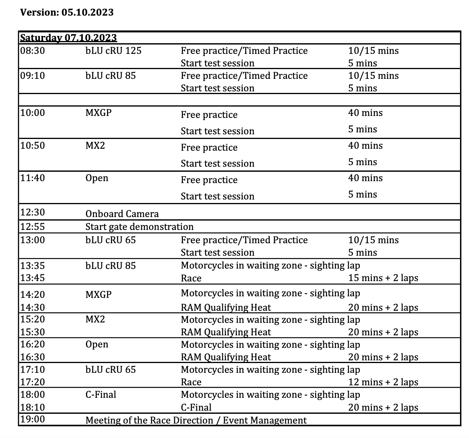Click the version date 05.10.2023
[87, 12]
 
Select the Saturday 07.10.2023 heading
[68, 37]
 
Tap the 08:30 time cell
[32, 50]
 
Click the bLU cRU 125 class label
[113, 50]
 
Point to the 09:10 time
[32, 75]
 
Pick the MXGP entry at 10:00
[98, 113]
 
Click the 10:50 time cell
[32, 146]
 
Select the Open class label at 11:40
[97, 178]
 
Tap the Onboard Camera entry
[122, 214]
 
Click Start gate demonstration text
[140, 227]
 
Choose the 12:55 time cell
[32, 227]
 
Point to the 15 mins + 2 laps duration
[383, 278]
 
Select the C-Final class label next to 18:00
[101, 394]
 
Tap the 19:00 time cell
[32, 420]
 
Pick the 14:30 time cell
[32, 307]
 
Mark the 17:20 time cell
[32, 382]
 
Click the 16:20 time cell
[32, 344]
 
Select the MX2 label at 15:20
[95, 319]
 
